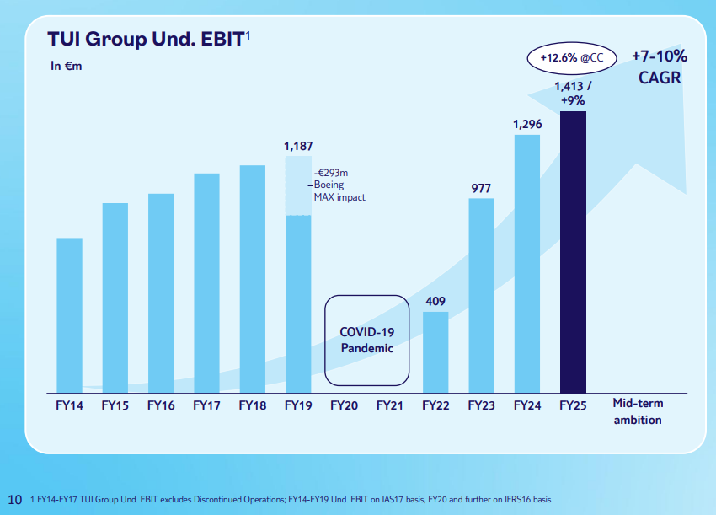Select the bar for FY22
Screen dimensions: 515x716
click(435, 351)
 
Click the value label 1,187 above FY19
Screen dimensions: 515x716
click(297, 147)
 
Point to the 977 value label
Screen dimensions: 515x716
click(481, 188)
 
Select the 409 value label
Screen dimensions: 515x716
click(435, 301)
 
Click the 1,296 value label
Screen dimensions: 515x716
click(527, 124)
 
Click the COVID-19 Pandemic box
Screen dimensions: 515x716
click(366, 340)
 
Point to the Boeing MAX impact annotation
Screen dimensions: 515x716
click(339, 185)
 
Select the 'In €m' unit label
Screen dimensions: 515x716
click(67, 67)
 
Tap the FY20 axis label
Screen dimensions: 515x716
click(344, 405)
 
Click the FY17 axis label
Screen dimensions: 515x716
click(206, 405)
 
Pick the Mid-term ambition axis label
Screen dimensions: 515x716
click(637, 411)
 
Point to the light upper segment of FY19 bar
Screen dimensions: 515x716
click(297, 185)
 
